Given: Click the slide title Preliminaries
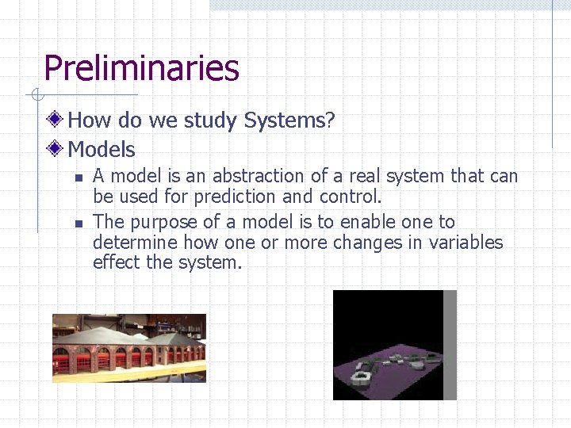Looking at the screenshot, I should tap(141, 68).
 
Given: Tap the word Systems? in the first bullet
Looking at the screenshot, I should tap(289, 120).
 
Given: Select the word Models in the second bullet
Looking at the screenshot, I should tap(102, 149).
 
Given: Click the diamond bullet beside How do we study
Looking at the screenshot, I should tap(55, 120).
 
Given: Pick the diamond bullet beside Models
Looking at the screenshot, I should tap(55, 148).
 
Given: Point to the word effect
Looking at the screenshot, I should tap(117, 262).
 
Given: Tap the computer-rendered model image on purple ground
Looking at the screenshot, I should tap(394, 345).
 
